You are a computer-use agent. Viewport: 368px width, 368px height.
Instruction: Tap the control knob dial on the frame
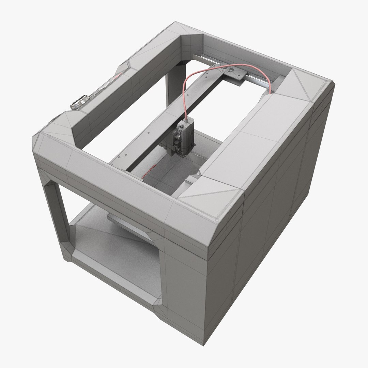79,102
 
